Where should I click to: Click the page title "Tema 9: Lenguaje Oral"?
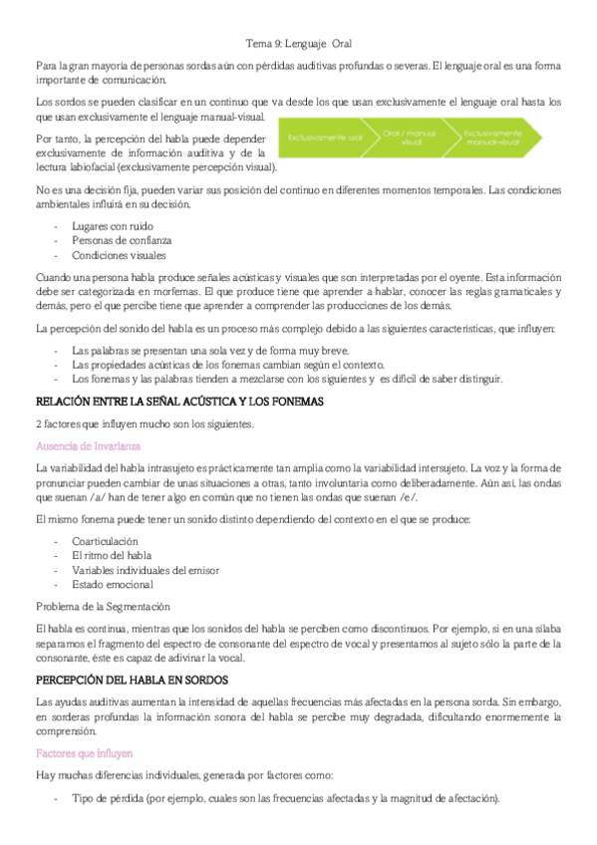298,44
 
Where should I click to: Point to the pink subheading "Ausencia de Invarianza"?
88,445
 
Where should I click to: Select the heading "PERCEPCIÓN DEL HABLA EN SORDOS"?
132,680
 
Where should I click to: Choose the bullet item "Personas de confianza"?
122,240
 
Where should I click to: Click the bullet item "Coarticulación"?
105,541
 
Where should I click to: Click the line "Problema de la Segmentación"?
102,606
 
